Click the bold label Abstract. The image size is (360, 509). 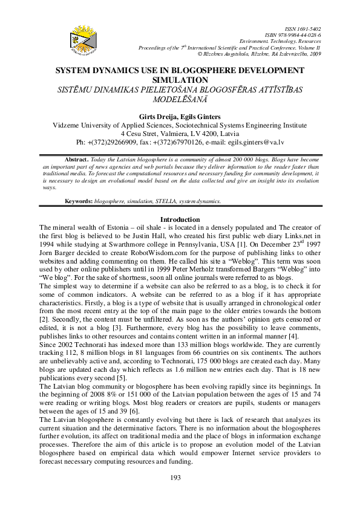(76, 158)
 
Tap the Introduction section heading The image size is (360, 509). (179, 219)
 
